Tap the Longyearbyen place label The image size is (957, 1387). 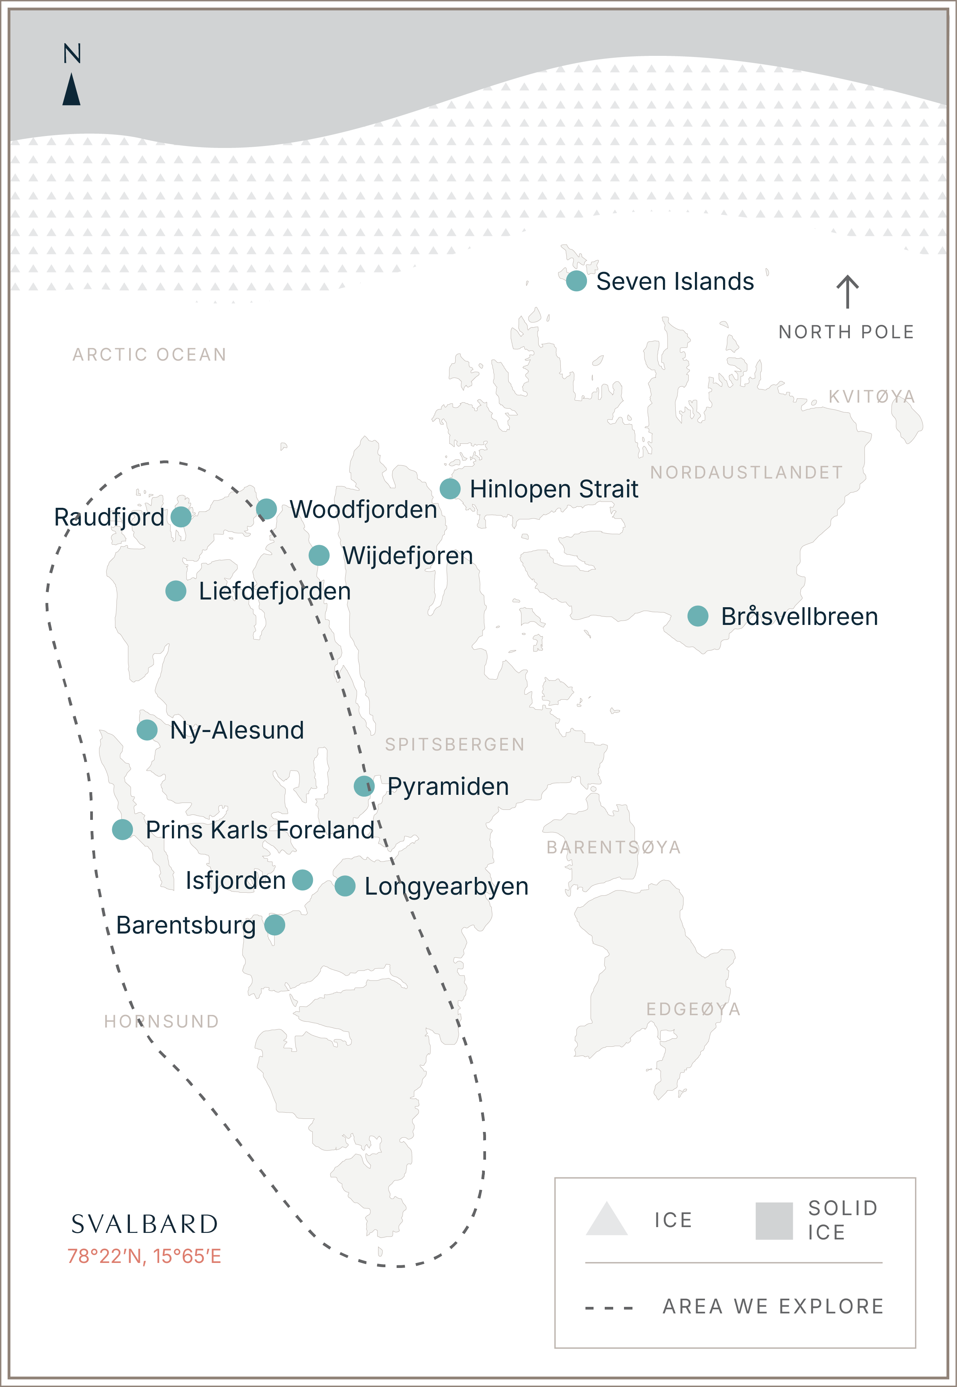[446, 887]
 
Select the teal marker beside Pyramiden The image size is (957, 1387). [364, 786]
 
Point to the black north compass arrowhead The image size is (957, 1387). [71, 89]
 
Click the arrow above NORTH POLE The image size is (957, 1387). [847, 291]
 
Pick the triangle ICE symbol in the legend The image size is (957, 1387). [606, 1219]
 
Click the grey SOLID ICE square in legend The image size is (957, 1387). [774, 1221]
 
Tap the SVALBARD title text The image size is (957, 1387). [145, 1224]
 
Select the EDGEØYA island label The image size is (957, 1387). [693, 1009]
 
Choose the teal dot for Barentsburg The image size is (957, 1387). [275, 925]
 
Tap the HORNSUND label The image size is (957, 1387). [161, 1021]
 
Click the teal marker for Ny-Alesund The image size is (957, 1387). [147, 730]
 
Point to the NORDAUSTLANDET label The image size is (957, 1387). [747, 472]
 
